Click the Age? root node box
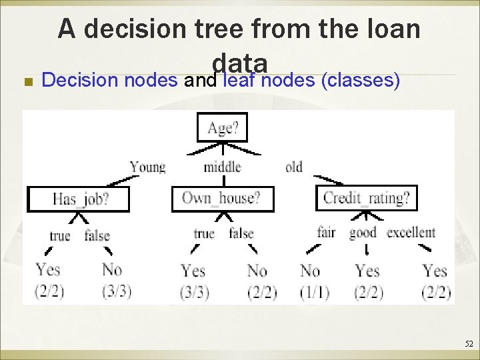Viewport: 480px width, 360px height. (x=222, y=127)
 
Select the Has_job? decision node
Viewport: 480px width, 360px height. (x=79, y=199)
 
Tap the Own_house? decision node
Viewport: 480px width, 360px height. (x=223, y=198)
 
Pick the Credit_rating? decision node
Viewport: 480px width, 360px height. (x=366, y=198)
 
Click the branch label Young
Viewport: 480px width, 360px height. (x=147, y=167)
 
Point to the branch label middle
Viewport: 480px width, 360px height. (x=222, y=167)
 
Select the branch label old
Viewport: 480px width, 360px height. (x=294, y=167)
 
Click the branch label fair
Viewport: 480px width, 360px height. (x=327, y=233)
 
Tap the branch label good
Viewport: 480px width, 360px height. (x=363, y=233)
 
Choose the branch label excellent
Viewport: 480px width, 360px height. (x=411, y=233)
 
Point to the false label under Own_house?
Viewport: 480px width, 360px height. (x=241, y=233)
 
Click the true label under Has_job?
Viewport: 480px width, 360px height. (x=60, y=235)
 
